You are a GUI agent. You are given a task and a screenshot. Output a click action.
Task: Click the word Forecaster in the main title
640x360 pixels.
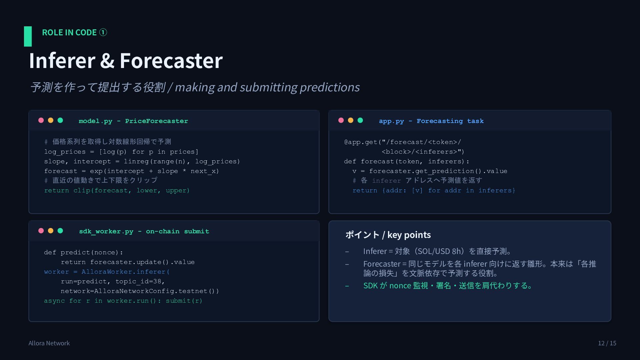pos(171,61)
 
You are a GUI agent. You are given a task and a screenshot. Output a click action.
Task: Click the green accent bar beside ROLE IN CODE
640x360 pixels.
pos(28,36)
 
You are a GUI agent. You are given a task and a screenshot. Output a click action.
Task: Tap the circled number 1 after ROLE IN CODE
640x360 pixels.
pos(103,32)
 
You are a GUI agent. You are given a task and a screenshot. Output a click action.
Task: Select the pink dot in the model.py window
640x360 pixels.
pos(41,120)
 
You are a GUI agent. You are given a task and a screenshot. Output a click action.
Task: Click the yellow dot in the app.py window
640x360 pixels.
pos(351,120)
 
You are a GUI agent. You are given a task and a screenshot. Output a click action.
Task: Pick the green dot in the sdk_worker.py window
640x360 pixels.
pos(60,231)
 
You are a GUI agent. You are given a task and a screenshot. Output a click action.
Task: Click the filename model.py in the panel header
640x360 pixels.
pos(95,121)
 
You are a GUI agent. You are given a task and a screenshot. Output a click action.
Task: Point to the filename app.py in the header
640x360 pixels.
pos(391,121)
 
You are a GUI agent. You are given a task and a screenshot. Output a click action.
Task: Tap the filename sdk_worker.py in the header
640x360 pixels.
pos(106,231)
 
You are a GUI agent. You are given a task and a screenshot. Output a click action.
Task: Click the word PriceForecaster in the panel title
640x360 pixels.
pos(156,121)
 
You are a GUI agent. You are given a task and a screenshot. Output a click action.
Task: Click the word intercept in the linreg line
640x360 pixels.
pos(92,161)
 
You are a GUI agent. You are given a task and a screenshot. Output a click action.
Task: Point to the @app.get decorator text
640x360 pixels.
pos(360,142)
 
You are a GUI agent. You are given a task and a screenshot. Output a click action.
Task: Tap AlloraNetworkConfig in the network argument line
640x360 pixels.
pos(134,291)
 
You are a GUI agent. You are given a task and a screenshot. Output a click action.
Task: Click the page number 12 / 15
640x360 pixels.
pos(607,343)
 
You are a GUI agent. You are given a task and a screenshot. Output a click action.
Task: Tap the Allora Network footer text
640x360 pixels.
pos(49,343)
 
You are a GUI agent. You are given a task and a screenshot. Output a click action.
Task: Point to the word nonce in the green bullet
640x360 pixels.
pos(400,286)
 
